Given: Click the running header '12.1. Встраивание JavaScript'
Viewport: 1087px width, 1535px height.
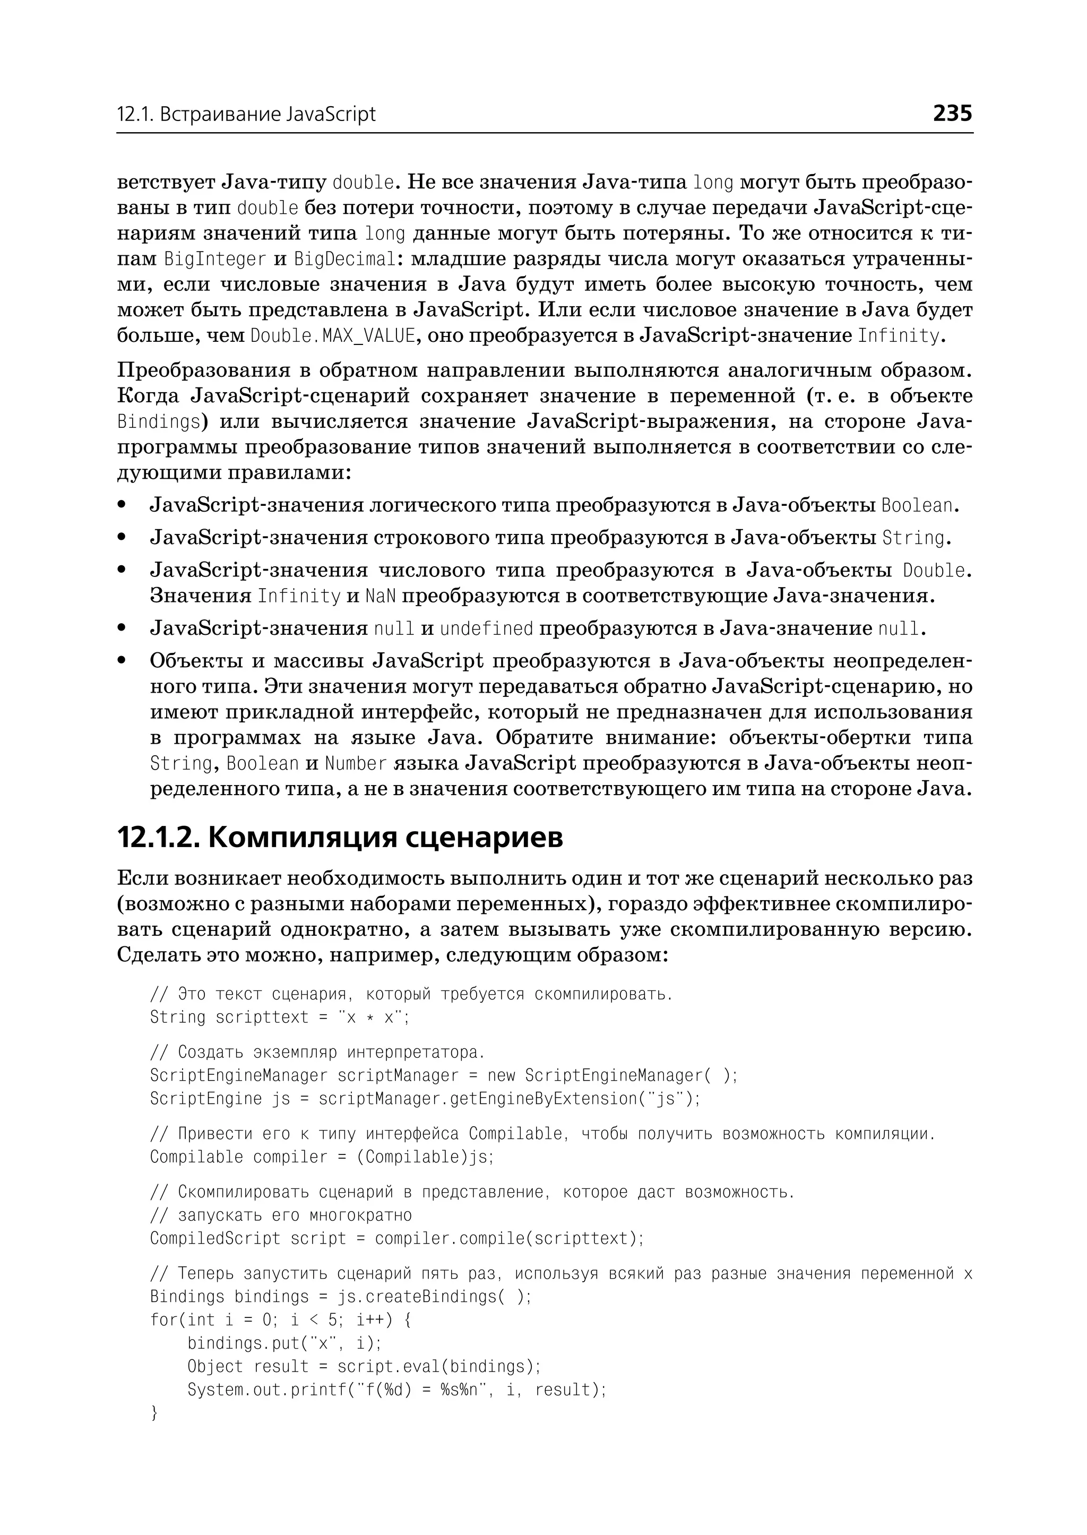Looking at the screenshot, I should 246,115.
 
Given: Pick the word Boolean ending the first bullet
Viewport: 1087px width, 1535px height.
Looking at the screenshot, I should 916,505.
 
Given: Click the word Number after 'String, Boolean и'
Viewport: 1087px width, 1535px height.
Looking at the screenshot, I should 356,763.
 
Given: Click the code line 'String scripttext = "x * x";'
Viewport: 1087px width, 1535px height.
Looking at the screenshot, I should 279,1017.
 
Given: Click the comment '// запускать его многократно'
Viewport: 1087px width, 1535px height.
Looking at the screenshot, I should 281,1215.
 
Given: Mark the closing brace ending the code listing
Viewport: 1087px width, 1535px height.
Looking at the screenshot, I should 154,1413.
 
